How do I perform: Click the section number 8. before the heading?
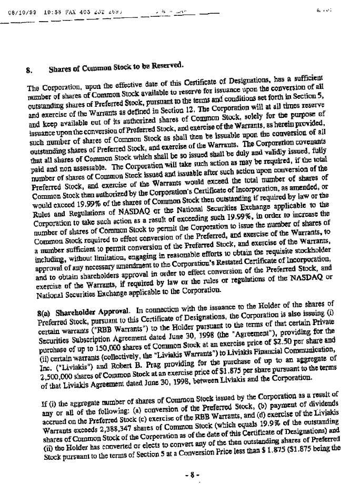coord(30,68)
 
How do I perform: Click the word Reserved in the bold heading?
coord(167,65)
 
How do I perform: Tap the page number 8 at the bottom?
coord(193,475)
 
